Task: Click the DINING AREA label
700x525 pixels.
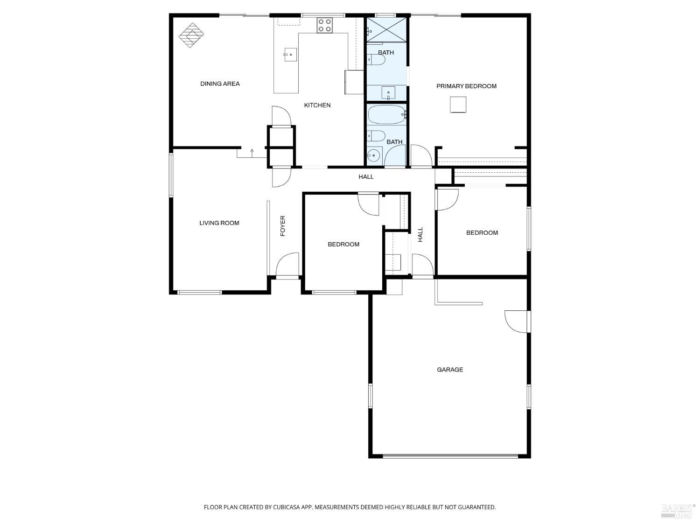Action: click(220, 84)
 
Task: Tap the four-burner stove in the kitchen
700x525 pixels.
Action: click(325, 25)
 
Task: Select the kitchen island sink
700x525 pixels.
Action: click(290, 55)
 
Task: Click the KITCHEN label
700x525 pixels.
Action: click(317, 105)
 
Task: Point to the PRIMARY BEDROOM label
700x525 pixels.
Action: click(466, 86)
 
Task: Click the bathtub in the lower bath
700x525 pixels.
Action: click(387, 114)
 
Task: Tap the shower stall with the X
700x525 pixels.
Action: click(386, 29)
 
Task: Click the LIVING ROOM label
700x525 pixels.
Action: click(219, 223)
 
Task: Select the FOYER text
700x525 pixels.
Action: click(282, 226)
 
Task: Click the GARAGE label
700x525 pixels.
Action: click(450, 370)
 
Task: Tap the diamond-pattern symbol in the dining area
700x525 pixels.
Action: click(192, 35)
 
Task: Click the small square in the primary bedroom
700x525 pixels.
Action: click(458, 105)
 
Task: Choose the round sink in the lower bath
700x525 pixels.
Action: click(373, 155)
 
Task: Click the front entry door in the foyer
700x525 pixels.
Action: click(287, 266)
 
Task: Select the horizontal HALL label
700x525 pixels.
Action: click(366, 177)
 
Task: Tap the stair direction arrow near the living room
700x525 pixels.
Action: click(252, 151)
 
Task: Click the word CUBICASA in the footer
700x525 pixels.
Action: click(286, 507)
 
